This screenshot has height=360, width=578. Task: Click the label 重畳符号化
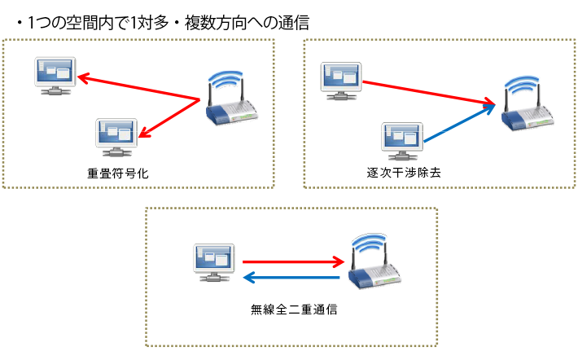tap(119, 173)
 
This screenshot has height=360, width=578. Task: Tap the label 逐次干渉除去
tap(404, 173)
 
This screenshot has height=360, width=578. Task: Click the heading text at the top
tap(162, 24)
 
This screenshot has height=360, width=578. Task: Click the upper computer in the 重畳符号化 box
tap(55, 76)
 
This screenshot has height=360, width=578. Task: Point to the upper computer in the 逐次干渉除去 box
tap(340, 79)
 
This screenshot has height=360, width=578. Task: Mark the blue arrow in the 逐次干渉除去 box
tap(460, 126)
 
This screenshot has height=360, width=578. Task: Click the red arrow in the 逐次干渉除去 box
tap(427, 93)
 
